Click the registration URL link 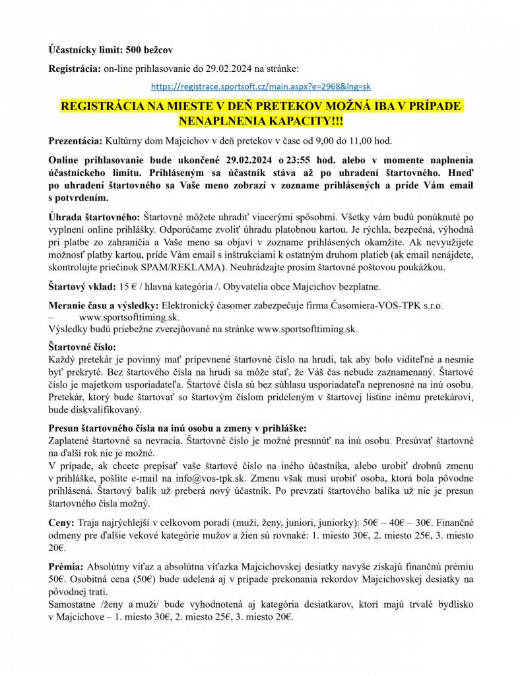tap(261, 86)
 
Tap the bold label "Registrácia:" tap(75, 68)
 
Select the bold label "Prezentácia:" tap(75, 141)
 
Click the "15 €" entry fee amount tap(129, 286)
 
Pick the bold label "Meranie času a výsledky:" tap(104, 306)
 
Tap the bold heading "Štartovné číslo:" tap(82, 345)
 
